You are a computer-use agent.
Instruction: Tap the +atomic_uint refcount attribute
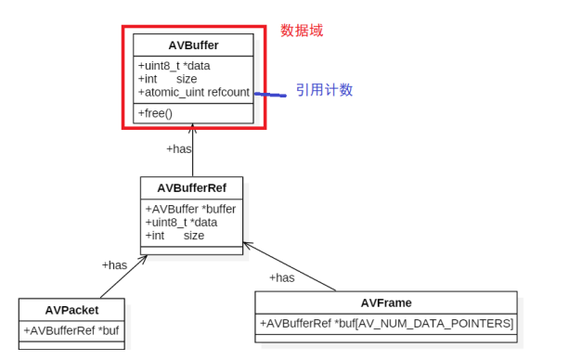[193, 93]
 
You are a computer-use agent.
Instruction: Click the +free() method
[155, 113]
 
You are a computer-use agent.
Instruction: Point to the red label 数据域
[302, 31]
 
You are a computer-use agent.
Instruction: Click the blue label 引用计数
[324, 90]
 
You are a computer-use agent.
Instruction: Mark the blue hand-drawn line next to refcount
[270, 95]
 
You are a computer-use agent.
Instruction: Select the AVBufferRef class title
[191, 187]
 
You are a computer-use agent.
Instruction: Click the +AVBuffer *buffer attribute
[190, 209]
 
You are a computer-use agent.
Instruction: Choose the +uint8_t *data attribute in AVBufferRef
[181, 222]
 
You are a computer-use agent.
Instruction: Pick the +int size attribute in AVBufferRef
[175, 236]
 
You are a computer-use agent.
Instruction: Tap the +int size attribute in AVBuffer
[167, 79]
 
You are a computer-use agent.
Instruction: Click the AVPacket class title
[71, 310]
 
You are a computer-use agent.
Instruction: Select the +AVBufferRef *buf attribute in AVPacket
[71, 330]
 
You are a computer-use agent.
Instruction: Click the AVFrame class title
[386, 302]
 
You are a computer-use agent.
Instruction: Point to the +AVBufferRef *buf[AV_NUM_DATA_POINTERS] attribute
[386, 323]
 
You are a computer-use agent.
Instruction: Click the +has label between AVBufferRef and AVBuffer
[179, 148]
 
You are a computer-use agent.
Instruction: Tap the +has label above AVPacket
[114, 265]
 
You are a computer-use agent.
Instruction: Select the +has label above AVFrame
[281, 277]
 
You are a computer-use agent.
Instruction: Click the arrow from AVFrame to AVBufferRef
[290, 267]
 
